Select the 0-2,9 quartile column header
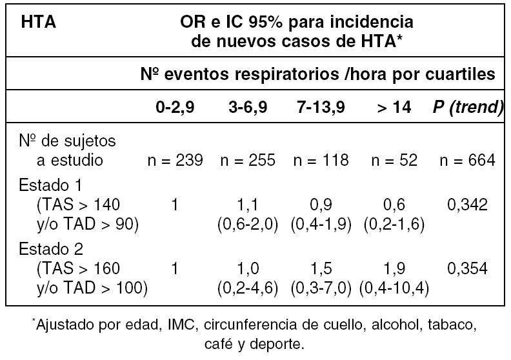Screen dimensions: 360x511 [175, 108]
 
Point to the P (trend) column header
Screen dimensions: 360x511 [468, 108]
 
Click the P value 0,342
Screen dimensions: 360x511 [468, 205]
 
